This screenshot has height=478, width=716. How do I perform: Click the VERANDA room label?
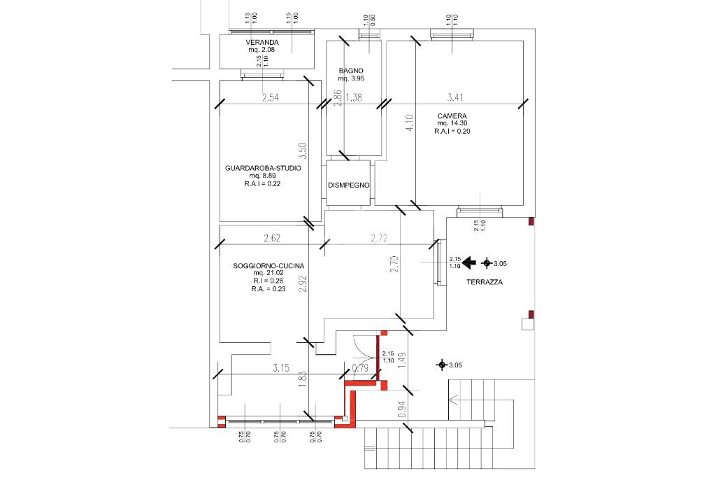(x=262, y=43)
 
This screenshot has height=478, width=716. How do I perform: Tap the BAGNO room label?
(x=351, y=71)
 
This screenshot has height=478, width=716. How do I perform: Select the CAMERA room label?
(x=452, y=116)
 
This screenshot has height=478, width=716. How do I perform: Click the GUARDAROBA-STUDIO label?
(x=263, y=168)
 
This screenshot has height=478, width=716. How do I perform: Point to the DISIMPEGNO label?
(x=349, y=185)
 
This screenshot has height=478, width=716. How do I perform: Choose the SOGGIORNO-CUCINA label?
(x=268, y=266)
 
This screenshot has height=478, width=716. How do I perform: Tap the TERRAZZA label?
(x=485, y=282)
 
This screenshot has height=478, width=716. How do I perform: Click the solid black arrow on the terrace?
(x=469, y=262)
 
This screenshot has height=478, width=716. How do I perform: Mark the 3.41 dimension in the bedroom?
(x=455, y=97)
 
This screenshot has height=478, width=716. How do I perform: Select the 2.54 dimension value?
(x=271, y=97)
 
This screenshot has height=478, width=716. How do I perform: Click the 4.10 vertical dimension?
(x=410, y=123)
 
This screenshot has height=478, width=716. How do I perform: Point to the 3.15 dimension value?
(x=281, y=368)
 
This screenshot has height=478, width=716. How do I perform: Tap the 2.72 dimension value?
(x=379, y=238)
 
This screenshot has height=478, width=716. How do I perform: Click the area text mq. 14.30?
(x=452, y=123)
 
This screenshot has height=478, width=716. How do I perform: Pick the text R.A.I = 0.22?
(x=263, y=183)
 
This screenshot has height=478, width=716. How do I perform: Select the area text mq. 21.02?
(x=268, y=273)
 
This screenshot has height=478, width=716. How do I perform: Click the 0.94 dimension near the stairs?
(x=402, y=409)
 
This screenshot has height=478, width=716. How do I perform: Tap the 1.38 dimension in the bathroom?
(x=354, y=97)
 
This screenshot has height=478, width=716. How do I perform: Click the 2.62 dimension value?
(x=272, y=238)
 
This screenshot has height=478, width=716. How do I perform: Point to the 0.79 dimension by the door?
(x=360, y=368)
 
